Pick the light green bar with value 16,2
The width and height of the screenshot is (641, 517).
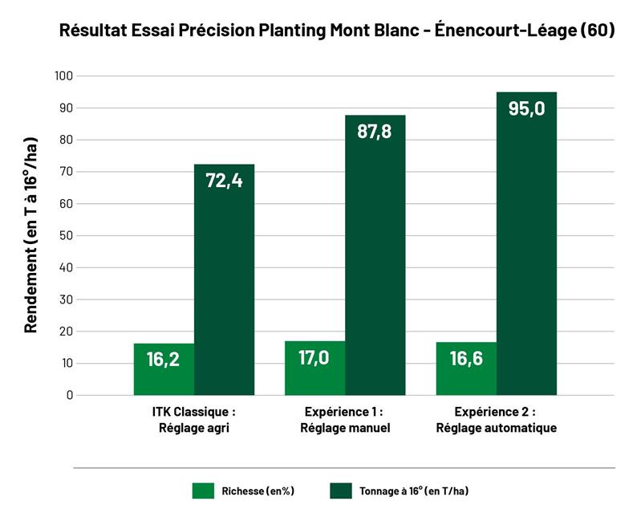coord(164,369)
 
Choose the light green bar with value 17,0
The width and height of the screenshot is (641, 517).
coord(314,368)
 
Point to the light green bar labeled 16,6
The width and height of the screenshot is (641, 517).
coord(466,368)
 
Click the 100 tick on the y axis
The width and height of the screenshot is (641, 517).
coord(63,76)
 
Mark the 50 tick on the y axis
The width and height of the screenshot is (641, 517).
coord(65,235)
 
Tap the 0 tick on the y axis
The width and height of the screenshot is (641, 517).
coord(69,395)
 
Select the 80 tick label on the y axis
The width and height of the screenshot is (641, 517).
coord(65,140)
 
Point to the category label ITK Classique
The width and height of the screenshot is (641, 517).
coord(194,412)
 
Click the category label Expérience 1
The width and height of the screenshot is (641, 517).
coord(345,412)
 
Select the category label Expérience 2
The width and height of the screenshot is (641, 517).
coord(496,412)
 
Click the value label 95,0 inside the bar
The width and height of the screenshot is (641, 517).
coord(526,108)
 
